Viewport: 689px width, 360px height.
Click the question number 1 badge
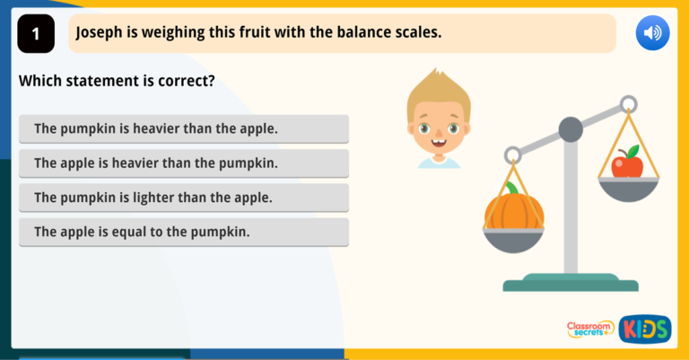click(x=36, y=34)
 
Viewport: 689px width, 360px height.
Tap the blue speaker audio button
click(x=652, y=34)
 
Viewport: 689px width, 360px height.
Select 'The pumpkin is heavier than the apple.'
click(x=183, y=128)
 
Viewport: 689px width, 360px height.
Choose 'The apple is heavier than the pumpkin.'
click(x=183, y=163)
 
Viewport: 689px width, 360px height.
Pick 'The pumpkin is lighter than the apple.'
click(x=183, y=198)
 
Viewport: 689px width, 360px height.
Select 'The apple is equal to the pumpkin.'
click(x=183, y=232)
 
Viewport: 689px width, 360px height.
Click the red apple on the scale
click(x=627, y=165)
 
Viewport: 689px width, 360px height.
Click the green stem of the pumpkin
click(x=511, y=189)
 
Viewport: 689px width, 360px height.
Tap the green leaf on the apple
click(x=633, y=151)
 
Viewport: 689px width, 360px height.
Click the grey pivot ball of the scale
click(x=571, y=130)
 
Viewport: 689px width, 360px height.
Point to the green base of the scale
click(x=571, y=284)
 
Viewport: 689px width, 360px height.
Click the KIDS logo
click(x=645, y=329)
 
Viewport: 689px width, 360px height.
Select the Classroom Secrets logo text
click(x=589, y=329)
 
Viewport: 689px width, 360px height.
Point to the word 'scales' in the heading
click(x=417, y=33)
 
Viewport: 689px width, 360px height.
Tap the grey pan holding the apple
click(x=629, y=189)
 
